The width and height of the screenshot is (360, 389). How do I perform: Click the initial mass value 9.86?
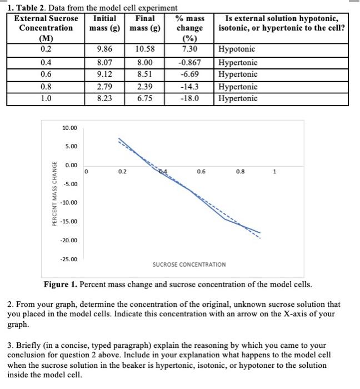[x=106, y=50]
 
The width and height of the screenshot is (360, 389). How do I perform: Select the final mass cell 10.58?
[x=145, y=50]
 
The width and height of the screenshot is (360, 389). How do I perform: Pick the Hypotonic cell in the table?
[x=238, y=50]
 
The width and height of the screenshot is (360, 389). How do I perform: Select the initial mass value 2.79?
[x=106, y=87]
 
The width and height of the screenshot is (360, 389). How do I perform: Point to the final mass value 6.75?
[x=145, y=99]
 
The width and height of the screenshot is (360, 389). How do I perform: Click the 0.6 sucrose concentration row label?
[x=46, y=74]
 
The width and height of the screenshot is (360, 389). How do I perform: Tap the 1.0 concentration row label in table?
[x=46, y=99]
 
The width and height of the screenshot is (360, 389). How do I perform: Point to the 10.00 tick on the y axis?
[x=70, y=128]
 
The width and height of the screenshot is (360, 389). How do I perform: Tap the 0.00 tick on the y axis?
[x=71, y=166]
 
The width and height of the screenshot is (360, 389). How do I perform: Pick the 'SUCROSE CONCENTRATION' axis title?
[x=189, y=264]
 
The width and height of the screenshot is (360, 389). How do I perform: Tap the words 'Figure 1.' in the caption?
[x=61, y=285]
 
